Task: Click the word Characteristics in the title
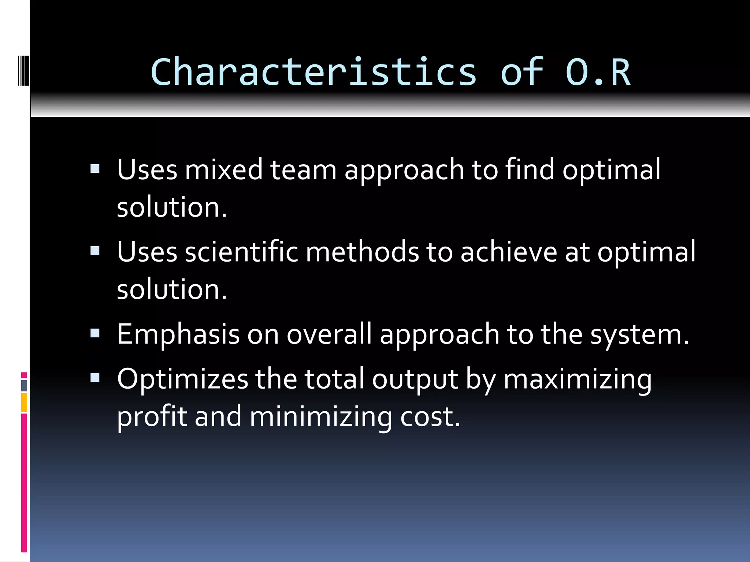pos(313,72)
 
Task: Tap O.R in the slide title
pos(598,72)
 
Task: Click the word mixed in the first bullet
pos(223,170)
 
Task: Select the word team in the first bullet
pos(303,170)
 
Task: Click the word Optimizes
pos(182,379)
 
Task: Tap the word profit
pos(152,417)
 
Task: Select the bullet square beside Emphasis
pos(95,333)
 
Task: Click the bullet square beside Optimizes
pos(95,378)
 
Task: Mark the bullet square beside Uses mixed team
pos(95,169)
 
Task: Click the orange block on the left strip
pos(24,402)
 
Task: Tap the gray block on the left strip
pos(24,385)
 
